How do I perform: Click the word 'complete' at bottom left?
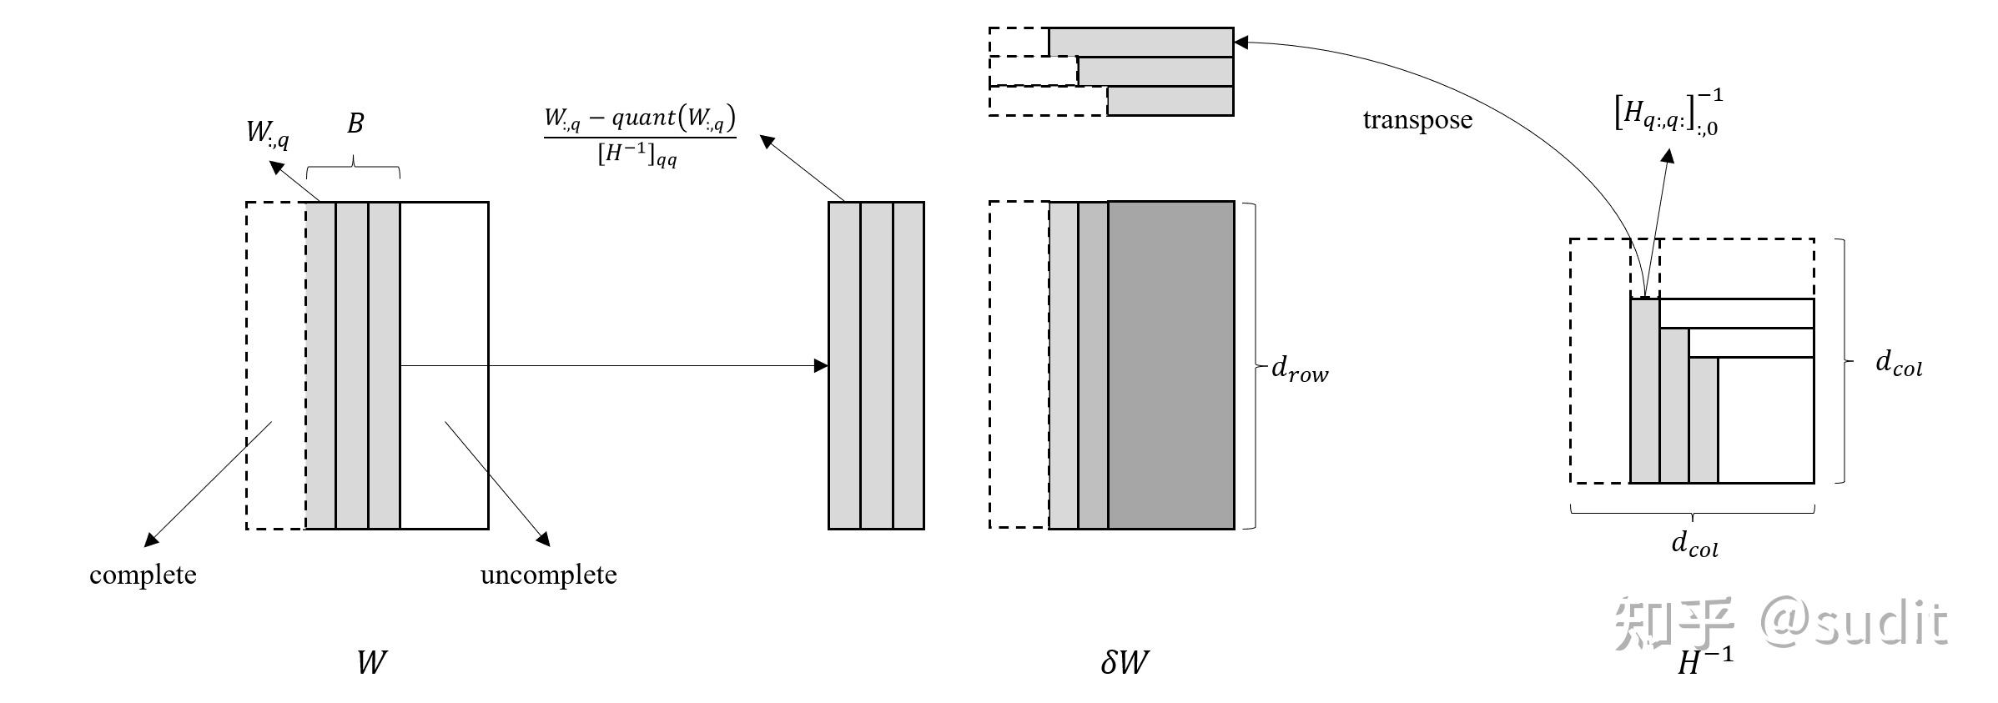point(143,575)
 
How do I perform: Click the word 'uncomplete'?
point(548,575)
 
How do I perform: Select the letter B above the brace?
point(355,123)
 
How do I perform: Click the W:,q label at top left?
point(268,133)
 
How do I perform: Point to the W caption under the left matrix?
point(371,663)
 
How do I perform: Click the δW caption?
point(1125,662)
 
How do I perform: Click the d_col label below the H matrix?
point(1694,544)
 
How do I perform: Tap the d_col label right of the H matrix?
point(1899,364)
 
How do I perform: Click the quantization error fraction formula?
point(640,136)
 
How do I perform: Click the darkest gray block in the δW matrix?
point(1170,365)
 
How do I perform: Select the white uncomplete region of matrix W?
point(444,365)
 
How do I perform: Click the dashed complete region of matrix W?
point(276,365)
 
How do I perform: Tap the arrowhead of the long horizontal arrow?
point(821,365)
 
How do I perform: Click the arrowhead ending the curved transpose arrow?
point(1241,42)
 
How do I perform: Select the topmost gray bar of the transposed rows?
point(1140,43)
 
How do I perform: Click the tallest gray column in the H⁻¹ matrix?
point(1645,391)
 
